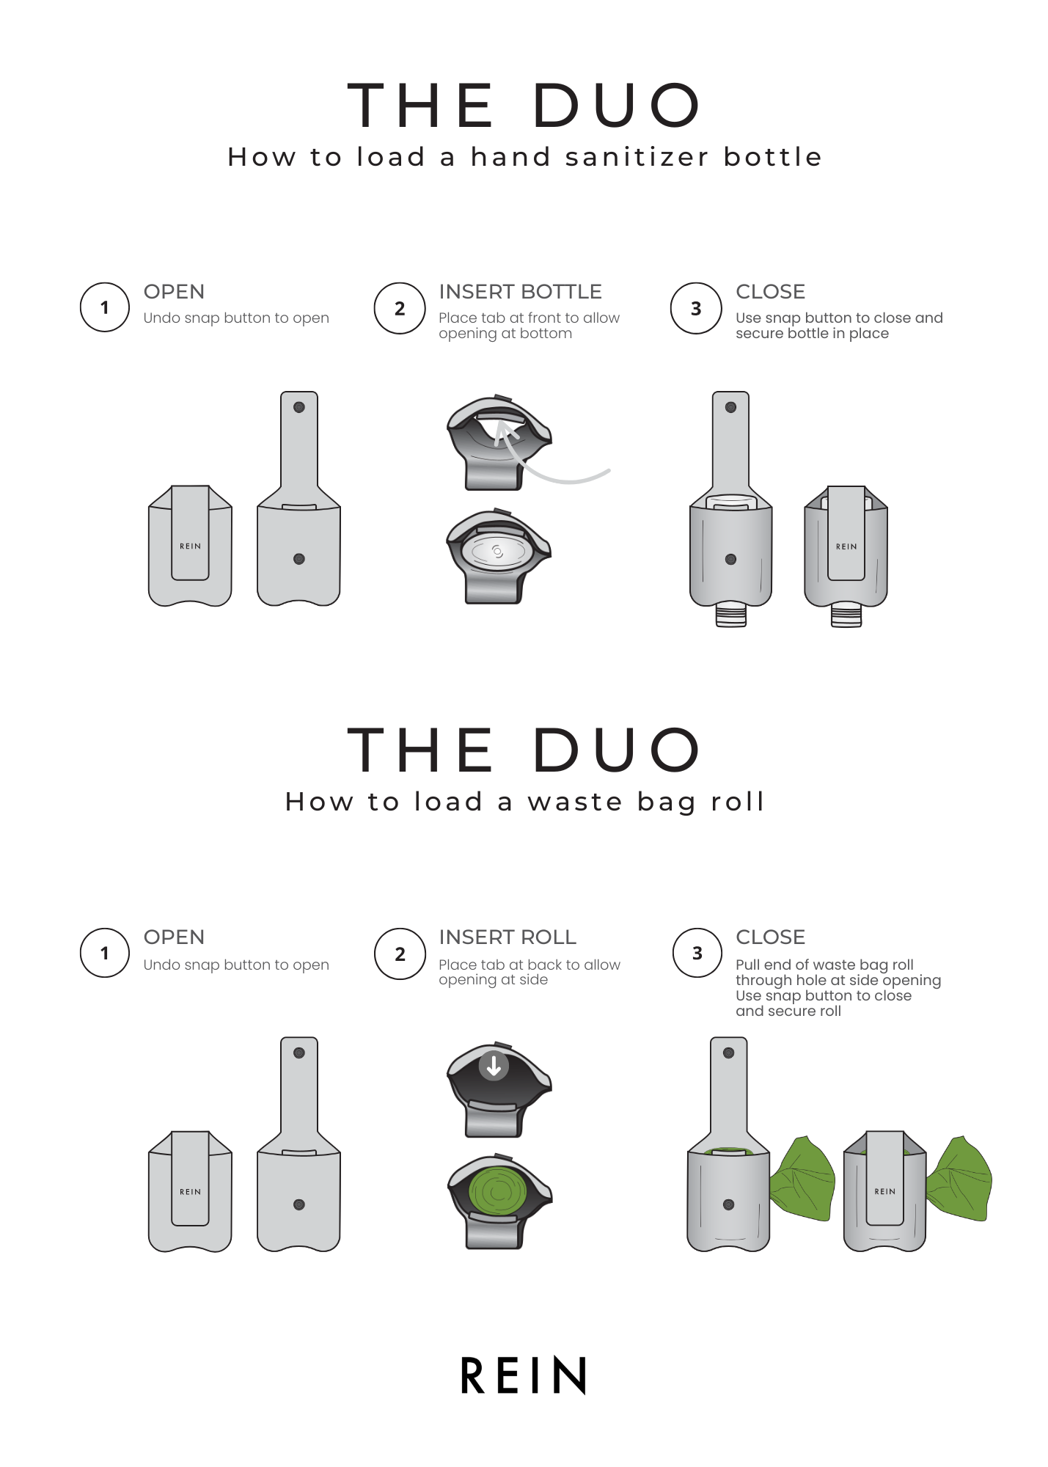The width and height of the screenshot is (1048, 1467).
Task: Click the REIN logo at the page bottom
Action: coord(524,1375)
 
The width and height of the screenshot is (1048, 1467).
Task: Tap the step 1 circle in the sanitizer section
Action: coord(105,307)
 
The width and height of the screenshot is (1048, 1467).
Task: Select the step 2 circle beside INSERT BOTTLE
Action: coord(400,308)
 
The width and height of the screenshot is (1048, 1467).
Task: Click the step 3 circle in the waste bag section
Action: coord(697,953)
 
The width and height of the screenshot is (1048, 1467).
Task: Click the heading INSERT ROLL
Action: coord(507,937)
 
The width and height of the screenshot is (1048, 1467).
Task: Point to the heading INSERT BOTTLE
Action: coord(520,291)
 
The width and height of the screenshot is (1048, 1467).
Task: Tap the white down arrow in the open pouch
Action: coord(494,1065)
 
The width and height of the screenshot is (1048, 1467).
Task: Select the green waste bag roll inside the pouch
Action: coord(498,1191)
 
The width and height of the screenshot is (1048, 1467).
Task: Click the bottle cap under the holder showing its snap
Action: coord(731,614)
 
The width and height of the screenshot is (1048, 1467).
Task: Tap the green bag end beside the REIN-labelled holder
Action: coord(959,1179)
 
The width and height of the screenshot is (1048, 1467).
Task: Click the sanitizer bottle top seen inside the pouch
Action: coord(497,552)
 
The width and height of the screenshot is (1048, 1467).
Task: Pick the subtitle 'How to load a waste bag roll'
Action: coord(524,802)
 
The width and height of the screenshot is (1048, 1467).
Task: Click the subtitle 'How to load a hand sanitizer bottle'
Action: coord(524,156)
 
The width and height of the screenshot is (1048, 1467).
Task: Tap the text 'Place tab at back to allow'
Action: coord(530,965)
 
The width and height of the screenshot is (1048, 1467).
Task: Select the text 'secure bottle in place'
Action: coord(812,334)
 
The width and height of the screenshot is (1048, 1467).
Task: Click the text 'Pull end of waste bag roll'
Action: coord(824,965)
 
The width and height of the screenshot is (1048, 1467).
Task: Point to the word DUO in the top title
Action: coord(616,105)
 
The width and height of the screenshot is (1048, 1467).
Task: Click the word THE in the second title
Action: coord(420,750)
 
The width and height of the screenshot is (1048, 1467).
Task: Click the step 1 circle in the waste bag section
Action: coord(105,953)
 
